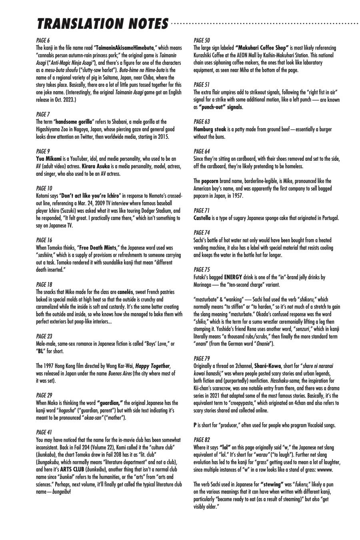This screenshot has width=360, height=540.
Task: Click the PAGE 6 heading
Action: point(43,40)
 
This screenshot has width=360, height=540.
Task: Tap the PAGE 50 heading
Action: point(202,40)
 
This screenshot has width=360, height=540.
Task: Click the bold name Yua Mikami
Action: point(49,159)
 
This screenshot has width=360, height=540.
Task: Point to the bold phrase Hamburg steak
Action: point(210,129)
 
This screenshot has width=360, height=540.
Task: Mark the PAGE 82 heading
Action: point(202,440)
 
